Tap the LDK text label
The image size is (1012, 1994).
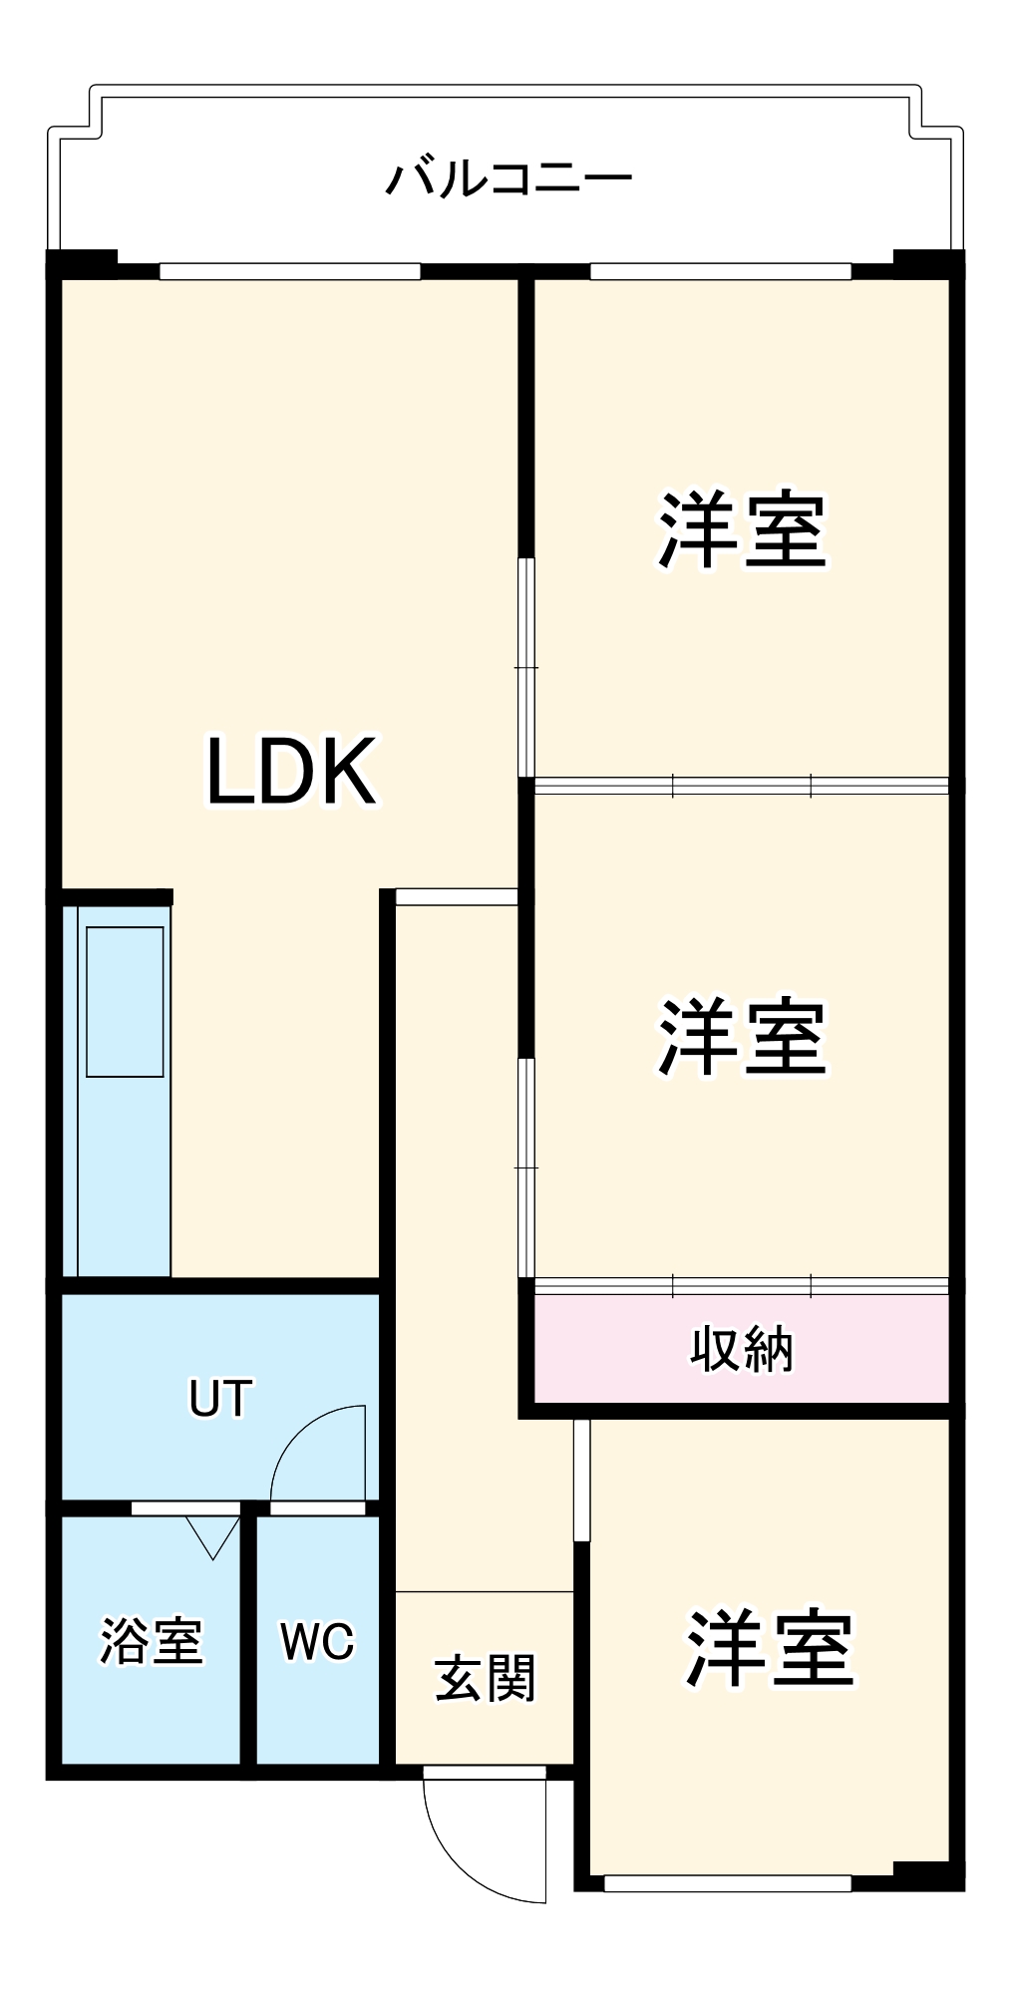pos(291,771)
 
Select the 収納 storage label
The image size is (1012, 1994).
pos(742,1350)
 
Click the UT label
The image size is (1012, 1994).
pos(220,1398)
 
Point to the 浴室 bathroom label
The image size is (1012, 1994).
pos(152,1640)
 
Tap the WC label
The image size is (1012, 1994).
pos(317,1641)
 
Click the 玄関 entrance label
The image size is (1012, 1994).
pos(485,1678)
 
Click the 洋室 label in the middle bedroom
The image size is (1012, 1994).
pos(742,1038)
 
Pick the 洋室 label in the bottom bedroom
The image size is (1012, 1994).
pos(769,1648)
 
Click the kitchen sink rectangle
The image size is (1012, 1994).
pos(125,1001)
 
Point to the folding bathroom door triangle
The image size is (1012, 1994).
pos(212,1535)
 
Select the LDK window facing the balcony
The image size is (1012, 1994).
pos(289,270)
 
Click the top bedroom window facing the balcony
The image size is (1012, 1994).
pos(720,270)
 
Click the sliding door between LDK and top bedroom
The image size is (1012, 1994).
pos(526,666)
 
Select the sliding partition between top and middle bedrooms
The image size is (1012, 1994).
pos(742,786)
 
